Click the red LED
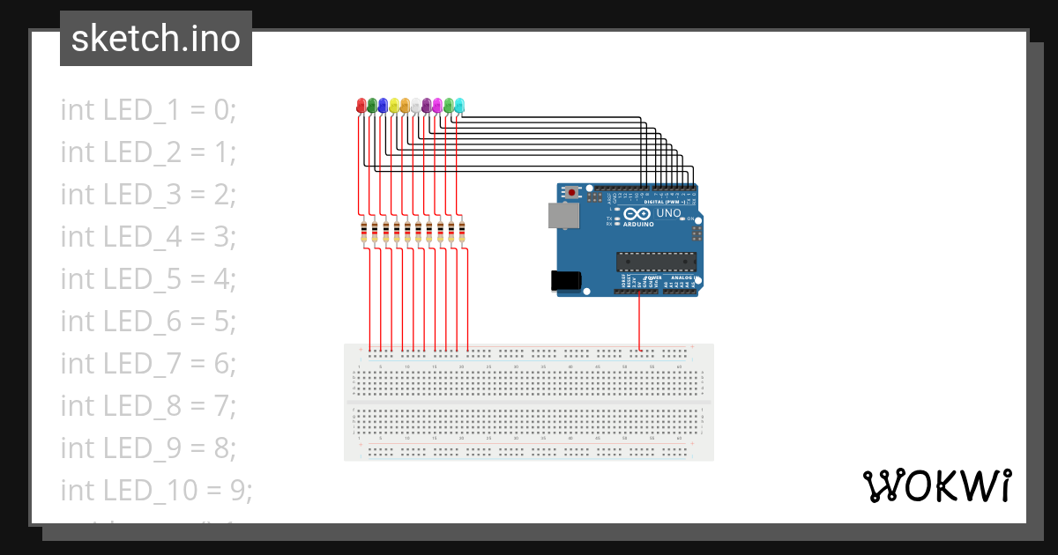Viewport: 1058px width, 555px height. (x=361, y=106)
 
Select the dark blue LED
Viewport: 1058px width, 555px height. (x=383, y=106)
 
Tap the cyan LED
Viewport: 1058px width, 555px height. (x=459, y=106)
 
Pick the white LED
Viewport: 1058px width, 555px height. (x=415, y=106)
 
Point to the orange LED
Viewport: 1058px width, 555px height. (x=405, y=106)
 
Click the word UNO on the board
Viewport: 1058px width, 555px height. (x=668, y=213)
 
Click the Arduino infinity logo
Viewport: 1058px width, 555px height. (x=637, y=213)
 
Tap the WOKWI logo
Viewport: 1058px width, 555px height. (x=935, y=485)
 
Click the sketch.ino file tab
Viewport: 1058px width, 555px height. (x=156, y=39)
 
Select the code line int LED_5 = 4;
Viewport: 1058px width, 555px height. (x=148, y=279)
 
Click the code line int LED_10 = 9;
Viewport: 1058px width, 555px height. (x=156, y=490)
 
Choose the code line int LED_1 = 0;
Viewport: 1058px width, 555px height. (x=148, y=110)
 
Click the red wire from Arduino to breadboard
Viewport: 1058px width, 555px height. (x=640, y=322)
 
